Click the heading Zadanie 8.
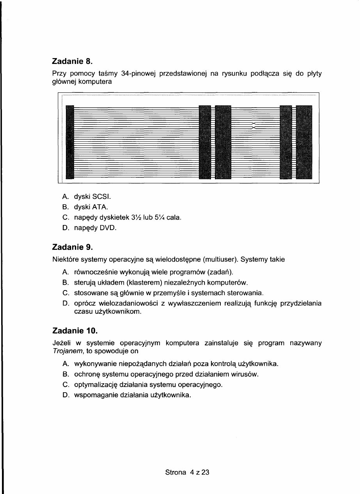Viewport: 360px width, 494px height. click(x=74, y=61)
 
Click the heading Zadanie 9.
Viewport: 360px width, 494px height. click(x=74, y=247)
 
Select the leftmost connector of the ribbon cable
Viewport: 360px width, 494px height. click(x=70, y=142)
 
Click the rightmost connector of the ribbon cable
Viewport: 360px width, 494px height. click(x=305, y=142)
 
